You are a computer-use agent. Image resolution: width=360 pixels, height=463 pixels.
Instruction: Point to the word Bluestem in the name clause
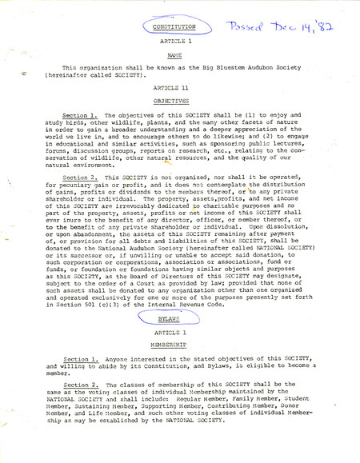[226, 70]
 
